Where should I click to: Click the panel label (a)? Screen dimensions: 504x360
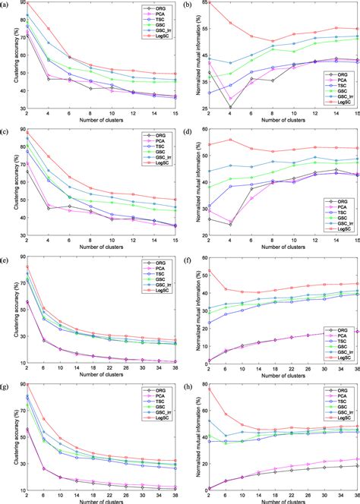(x=6, y=5)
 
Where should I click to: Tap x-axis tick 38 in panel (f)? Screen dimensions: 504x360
(x=355, y=367)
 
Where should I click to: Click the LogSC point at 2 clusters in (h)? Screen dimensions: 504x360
(x=209, y=389)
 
